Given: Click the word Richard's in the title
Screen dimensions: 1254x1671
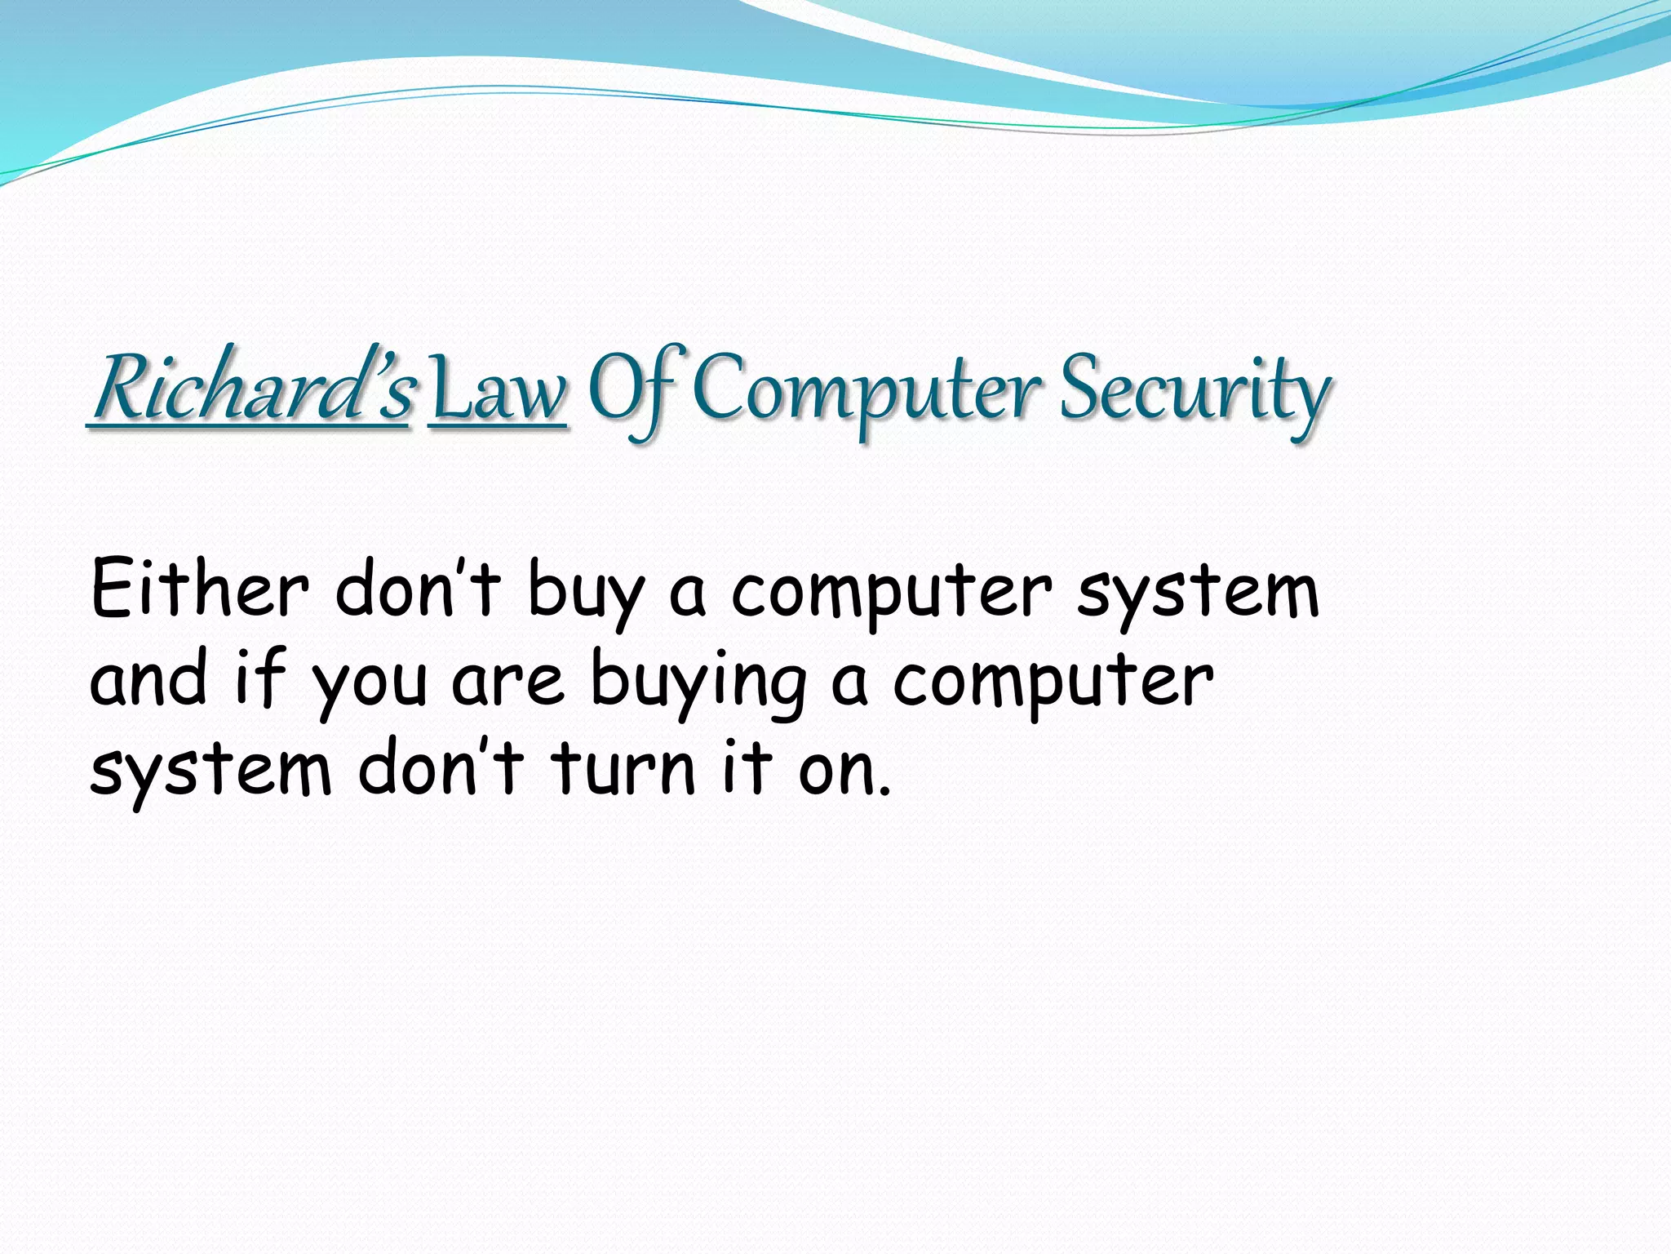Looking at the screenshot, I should pyautogui.click(x=251, y=389).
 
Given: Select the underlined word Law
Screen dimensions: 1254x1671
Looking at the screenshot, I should pyautogui.click(x=497, y=392).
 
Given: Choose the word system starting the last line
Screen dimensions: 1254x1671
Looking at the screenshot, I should pyautogui.click(x=211, y=772).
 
